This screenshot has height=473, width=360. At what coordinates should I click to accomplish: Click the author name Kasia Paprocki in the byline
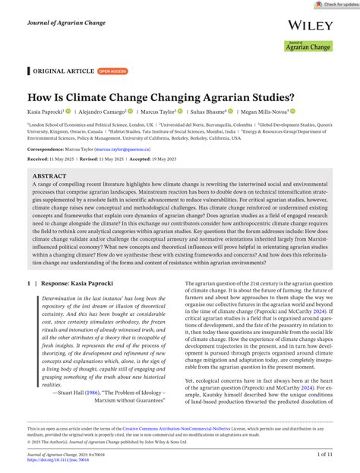click(45, 111)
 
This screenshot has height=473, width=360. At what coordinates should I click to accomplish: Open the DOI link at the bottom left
click(53, 459)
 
